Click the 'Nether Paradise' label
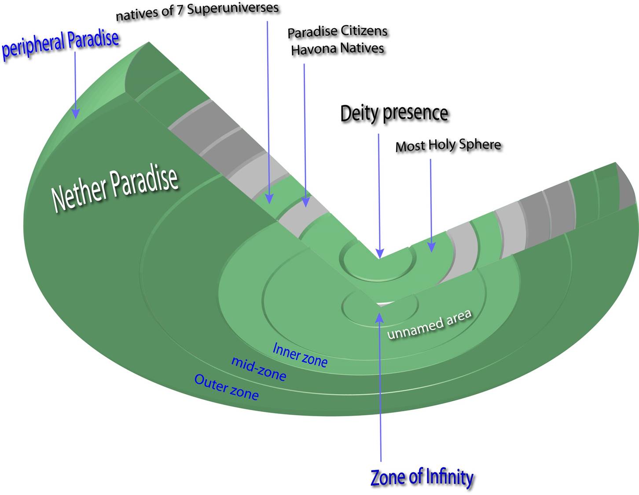[115, 189]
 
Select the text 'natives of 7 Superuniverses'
[197, 12]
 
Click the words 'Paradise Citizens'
[338, 32]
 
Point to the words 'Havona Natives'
[338, 49]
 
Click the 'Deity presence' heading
[394, 114]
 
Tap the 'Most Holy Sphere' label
[448, 145]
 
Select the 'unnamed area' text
[430, 325]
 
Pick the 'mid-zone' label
[258, 369]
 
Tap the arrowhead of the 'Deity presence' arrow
[380, 253]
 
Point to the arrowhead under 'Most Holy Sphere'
[431, 247]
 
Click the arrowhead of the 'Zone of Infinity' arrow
[380, 318]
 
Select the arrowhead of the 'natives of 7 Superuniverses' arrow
[269, 199]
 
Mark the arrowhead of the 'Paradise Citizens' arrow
[306, 202]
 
